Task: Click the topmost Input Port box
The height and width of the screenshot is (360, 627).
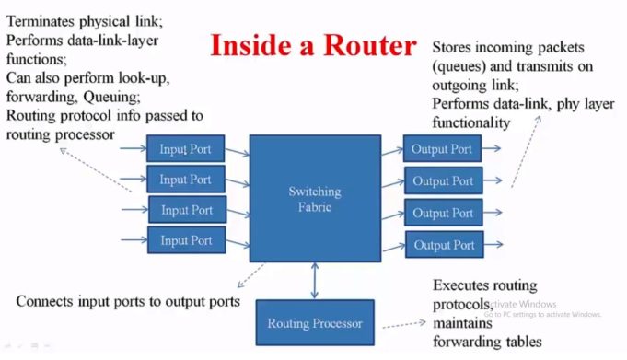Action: pyautogui.click(x=185, y=148)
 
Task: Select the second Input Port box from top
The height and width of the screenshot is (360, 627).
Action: pyautogui.click(x=185, y=180)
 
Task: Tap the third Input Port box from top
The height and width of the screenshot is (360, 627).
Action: pyautogui.click(x=187, y=210)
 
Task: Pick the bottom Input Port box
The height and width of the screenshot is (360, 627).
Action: pyautogui.click(x=186, y=241)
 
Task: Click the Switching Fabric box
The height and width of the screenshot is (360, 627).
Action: pyautogui.click(x=314, y=198)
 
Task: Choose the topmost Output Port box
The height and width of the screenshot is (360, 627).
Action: pyautogui.click(x=442, y=149)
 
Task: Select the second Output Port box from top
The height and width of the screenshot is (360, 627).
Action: pyautogui.click(x=443, y=181)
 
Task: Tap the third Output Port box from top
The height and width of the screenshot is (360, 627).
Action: pyautogui.click(x=443, y=213)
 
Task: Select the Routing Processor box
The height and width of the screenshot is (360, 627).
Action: pyautogui.click(x=315, y=323)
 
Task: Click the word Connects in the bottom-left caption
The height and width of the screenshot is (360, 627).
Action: pyautogui.click(x=48, y=301)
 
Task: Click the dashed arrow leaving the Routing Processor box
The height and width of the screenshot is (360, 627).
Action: pyautogui.click(x=405, y=324)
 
